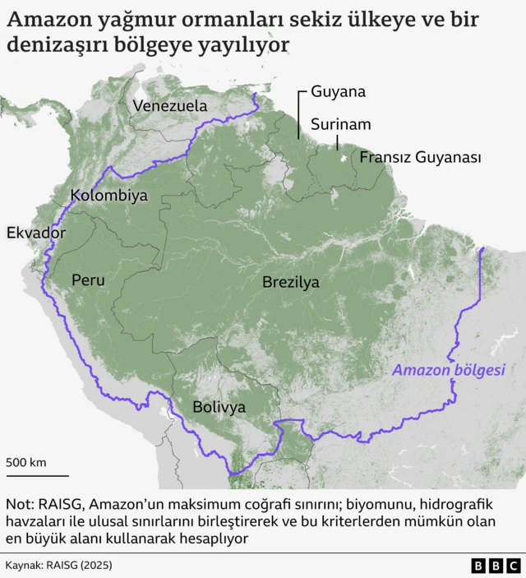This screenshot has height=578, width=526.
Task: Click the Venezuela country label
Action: tap(169, 105)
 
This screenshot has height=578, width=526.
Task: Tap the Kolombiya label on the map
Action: tap(109, 196)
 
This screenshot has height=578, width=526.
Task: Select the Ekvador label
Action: tap(35, 233)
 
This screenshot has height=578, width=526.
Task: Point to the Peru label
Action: tap(88, 280)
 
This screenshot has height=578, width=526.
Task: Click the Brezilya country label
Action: tap(291, 282)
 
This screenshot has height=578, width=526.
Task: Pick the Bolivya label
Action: tap(219, 406)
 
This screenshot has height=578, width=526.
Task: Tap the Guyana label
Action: tap(338, 92)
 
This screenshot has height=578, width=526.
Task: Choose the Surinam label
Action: tap(341, 124)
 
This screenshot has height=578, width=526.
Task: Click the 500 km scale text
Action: tap(26, 462)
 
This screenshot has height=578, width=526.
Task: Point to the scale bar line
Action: tap(37, 475)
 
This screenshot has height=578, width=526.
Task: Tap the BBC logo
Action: tap(496, 566)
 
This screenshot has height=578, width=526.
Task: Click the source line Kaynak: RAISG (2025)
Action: tap(58, 566)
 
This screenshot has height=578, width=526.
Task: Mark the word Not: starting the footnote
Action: tap(20, 503)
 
